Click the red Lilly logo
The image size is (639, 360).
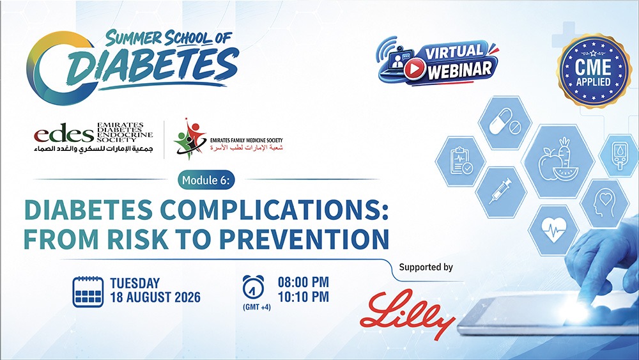[408, 314]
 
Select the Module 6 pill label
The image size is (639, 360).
[206, 180]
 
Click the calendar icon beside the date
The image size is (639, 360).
[88, 292]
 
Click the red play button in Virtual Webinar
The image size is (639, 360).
[415, 69]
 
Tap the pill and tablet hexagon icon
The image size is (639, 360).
[505, 122]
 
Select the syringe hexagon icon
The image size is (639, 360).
[501, 192]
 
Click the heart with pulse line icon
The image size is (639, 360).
[553, 230]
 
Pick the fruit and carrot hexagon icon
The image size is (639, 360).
[557, 161]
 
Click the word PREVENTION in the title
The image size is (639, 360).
[304, 239]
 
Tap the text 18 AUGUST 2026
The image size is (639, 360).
[155, 297]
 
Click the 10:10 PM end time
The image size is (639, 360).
[303, 297]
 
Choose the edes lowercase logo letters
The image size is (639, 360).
[63, 133]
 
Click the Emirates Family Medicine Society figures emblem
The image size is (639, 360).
[190, 139]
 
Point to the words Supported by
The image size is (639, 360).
[426, 267]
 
